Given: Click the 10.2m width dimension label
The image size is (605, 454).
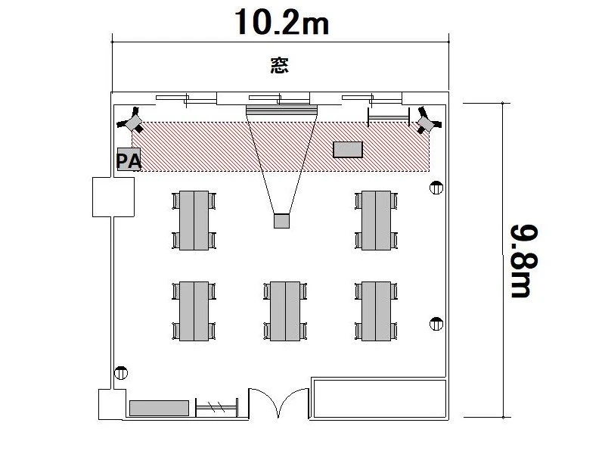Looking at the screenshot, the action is [x=281, y=22].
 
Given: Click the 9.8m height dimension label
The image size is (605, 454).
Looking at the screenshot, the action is [x=524, y=261].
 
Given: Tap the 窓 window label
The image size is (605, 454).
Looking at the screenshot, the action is [x=279, y=65].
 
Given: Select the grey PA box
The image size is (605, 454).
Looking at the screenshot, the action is [x=129, y=159].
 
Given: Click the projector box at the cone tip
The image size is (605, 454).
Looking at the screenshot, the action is [x=281, y=221].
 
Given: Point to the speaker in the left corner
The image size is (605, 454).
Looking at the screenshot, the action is [x=130, y=121].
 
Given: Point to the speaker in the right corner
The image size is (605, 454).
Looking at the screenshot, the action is [x=428, y=121].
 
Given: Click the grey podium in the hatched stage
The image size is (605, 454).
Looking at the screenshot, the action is [x=348, y=150].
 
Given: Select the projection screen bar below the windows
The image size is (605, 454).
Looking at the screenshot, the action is [x=281, y=110].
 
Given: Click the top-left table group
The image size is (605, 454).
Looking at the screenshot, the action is [x=194, y=220].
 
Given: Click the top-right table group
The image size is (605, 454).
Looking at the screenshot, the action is [x=376, y=220].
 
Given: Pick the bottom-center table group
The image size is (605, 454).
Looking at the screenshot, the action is [x=285, y=311].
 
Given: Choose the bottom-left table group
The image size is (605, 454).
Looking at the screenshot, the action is [x=194, y=311].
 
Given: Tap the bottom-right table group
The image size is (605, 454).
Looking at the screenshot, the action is [x=376, y=311].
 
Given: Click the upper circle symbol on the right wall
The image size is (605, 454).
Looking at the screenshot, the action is [x=436, y=188].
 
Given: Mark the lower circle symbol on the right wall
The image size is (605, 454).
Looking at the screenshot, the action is [x=436, y=324].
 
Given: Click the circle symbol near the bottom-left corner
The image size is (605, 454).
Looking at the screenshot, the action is [x=121, y=373].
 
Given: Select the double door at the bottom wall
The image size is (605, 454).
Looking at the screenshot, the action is [x=278, y=403].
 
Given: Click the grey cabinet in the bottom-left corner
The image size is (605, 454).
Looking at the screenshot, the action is [x=159, y=408].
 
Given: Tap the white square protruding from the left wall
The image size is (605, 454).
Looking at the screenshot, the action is [x=113, y=197].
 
